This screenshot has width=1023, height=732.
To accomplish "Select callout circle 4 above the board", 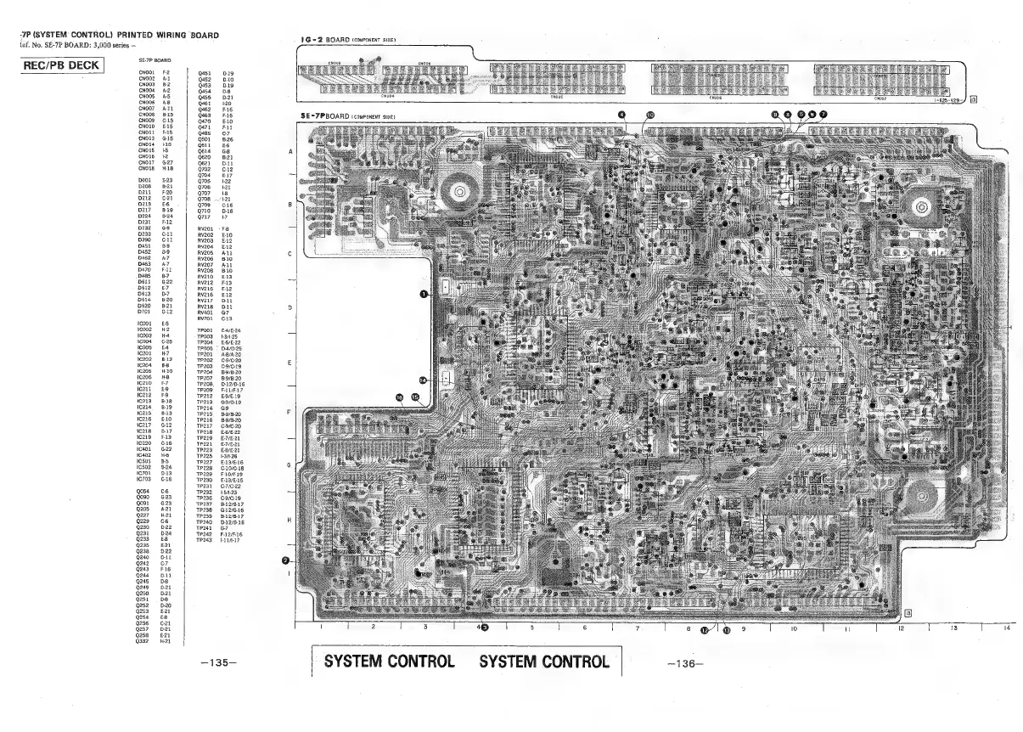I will [x=622, y=113].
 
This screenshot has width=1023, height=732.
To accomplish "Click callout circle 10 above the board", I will [x=650, y=113].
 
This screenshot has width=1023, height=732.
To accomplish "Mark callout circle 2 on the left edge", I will [x=286, y=560].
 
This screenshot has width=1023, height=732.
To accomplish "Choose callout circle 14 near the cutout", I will [x=423, y=380].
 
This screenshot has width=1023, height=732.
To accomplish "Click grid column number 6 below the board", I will [x=585, y=629].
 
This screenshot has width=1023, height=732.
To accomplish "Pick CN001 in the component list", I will [x=146, y=74].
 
